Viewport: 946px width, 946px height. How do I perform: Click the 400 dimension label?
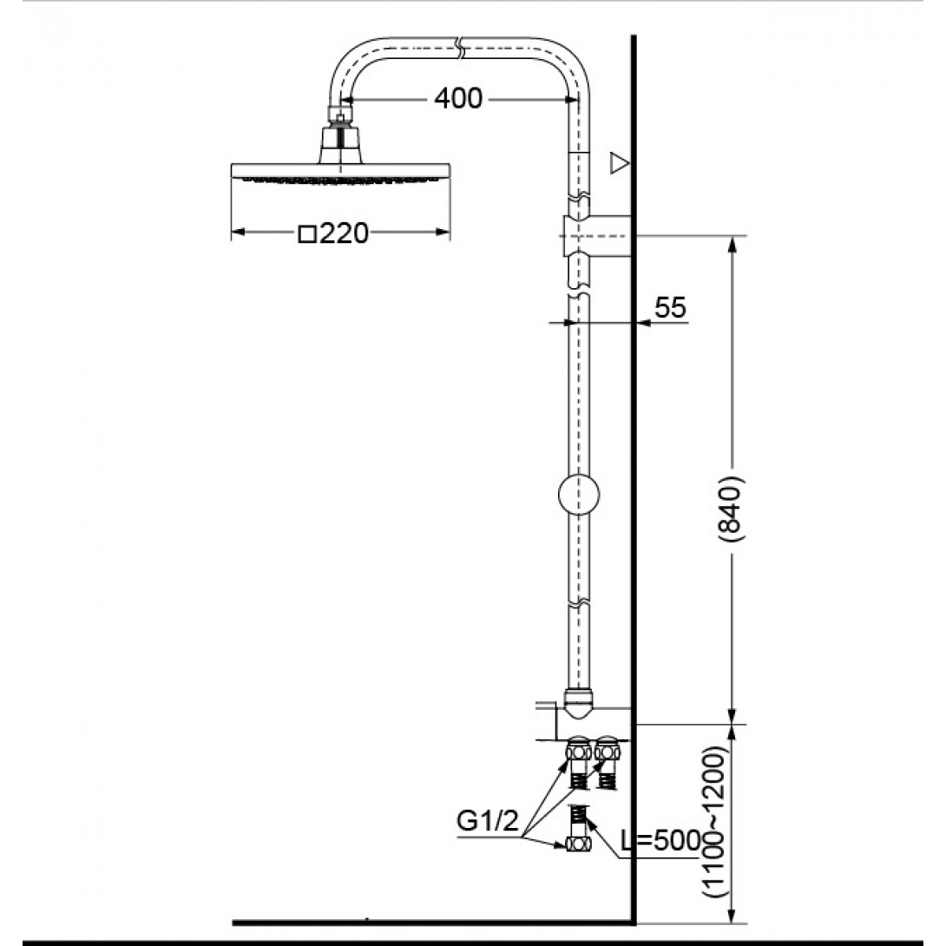[x=458, y=98]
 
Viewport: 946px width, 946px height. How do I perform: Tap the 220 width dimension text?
[x=344, y=233]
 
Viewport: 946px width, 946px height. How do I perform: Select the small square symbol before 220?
[x=308, y=234]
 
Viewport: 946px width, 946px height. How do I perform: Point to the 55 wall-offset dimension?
[x=670, y=308]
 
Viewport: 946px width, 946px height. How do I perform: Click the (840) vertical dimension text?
[x=732, y=509]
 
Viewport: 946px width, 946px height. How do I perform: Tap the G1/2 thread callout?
[x=487, y=820]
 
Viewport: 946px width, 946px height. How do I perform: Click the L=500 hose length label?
[x=662, y=840]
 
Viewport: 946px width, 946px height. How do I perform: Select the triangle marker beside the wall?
[x=619, y=163]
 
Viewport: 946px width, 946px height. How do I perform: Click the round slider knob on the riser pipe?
[x=579, y=495]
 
